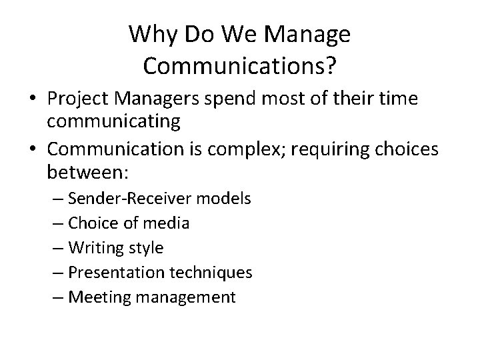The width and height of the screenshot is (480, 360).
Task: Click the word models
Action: coord(228,199)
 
